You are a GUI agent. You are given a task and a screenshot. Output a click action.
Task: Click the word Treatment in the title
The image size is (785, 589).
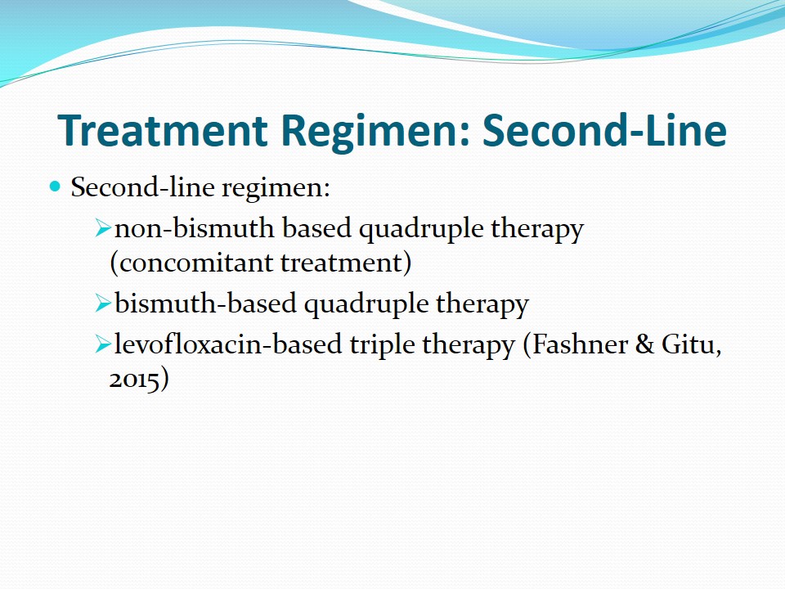pos(163,130)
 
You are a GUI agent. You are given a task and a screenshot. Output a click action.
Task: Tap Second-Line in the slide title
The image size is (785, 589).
pos(604,130)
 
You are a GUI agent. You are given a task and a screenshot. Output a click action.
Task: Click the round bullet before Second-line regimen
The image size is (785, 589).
pos(55,187)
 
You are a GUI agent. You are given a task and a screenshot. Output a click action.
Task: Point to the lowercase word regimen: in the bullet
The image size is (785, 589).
pos(276,189)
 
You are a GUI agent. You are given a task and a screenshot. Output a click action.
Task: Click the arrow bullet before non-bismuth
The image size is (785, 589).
pos(103,228)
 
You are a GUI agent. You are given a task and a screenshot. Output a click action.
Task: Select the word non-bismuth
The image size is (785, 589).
pos(195,228)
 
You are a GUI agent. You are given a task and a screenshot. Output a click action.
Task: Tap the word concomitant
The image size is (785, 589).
pos(195,263)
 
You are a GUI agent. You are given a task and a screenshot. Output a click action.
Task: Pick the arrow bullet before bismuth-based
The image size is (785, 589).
pos(103,303)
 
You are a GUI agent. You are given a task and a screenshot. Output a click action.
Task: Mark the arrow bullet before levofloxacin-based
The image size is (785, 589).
pos(103,344)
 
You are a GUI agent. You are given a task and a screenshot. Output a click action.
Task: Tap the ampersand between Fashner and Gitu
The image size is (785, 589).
pos(645,344)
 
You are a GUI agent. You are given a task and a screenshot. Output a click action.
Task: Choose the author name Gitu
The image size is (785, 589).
pos(689,344)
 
